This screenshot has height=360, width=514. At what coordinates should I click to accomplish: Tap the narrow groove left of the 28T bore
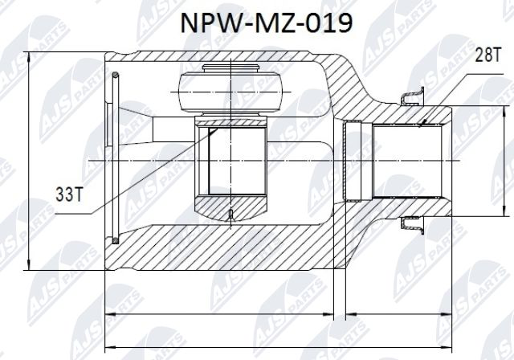(x=349, y=160)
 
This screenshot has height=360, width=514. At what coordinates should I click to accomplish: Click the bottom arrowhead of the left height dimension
(x=30, y=268)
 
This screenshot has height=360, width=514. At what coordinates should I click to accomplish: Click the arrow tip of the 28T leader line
(x=421, y=125)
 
